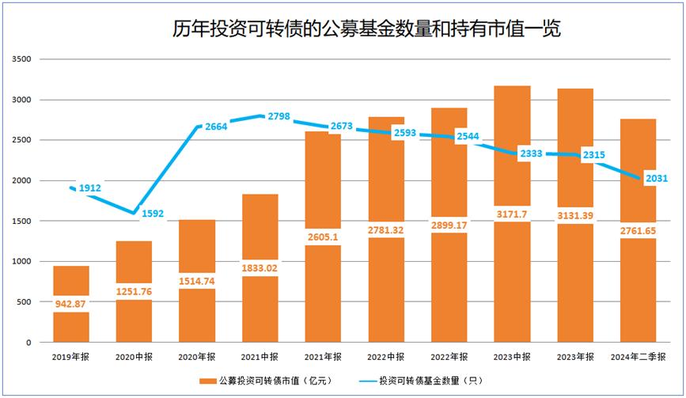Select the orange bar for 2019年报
71,324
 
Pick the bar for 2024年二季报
638,301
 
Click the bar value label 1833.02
260,268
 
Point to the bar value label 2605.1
323,235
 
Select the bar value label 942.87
71,302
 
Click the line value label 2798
279,116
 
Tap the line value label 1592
153,213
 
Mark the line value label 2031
656,178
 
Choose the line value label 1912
90,188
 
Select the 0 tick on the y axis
27,342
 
